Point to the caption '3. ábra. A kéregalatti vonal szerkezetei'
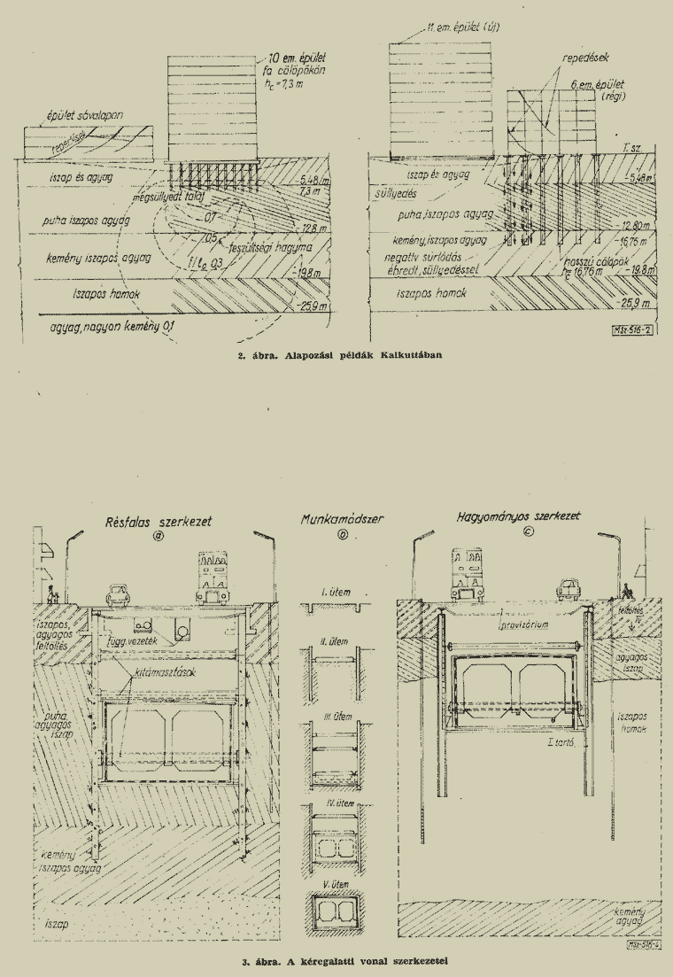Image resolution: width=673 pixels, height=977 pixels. coord(336,959)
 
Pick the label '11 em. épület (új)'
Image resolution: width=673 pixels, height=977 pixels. coord(463,28)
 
